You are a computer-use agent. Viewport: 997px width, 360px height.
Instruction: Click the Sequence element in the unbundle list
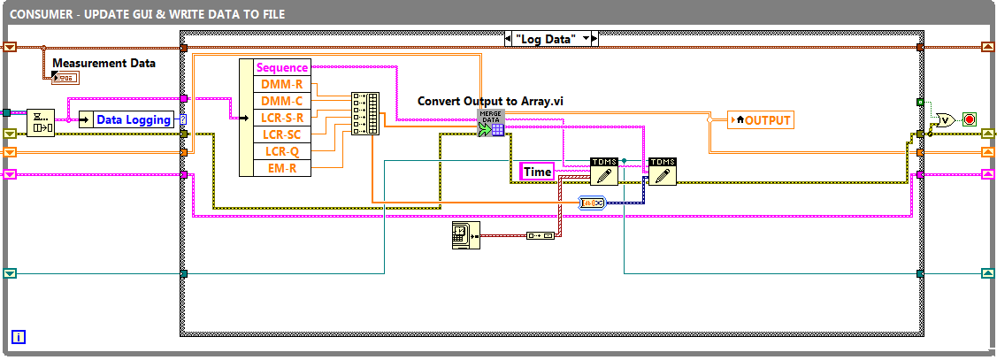point(282,67)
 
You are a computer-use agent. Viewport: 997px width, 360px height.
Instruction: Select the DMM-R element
point(282,84)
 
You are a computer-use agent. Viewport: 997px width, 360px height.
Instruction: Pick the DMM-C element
point(282,101)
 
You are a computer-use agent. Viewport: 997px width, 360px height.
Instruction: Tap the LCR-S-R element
point(282,118)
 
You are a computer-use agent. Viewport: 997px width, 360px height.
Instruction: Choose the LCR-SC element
point(282,134)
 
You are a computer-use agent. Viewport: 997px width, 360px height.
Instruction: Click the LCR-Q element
point(282,151)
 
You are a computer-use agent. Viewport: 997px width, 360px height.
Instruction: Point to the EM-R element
point(282,168)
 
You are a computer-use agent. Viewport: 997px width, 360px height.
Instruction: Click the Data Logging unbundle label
point(134,119)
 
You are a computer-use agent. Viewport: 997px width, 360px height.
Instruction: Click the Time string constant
point(538,172)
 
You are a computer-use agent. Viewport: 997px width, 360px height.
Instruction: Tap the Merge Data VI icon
point(491,123)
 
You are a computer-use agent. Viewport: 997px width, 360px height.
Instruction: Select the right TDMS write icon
point(662,171)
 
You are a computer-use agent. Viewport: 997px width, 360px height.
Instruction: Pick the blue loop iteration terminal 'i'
point(19,336)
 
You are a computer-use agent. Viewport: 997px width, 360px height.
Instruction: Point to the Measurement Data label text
point(104,63)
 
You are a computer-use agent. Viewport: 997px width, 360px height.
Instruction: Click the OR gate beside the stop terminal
point(945,119)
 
